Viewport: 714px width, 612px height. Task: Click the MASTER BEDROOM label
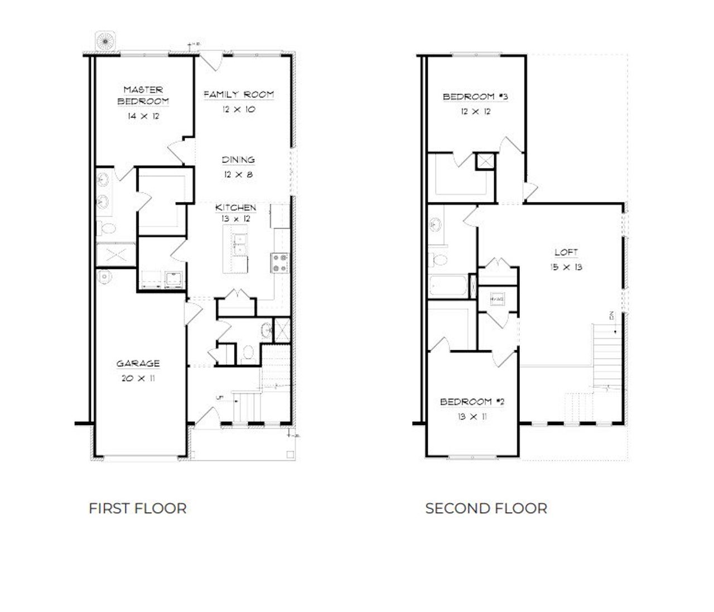143,95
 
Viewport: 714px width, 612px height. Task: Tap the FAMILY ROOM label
239,94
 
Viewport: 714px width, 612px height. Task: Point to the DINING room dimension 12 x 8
238,175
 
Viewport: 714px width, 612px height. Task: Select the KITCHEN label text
236,208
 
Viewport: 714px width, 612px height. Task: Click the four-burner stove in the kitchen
279,263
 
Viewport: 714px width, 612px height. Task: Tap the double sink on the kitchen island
240,244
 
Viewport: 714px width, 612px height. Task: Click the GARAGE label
138,364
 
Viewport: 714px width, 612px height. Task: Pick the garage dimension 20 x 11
138,378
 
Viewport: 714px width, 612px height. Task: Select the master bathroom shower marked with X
115,255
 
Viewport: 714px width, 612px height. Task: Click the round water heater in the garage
104,276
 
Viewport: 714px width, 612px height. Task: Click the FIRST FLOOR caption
137,508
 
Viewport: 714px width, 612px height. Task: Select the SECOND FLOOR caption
486,508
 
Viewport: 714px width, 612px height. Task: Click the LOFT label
566,252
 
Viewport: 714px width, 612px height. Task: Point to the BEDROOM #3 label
475,97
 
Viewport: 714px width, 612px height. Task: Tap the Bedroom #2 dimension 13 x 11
472,416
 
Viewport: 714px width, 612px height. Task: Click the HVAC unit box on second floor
497,299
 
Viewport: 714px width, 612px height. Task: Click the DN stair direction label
612,315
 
